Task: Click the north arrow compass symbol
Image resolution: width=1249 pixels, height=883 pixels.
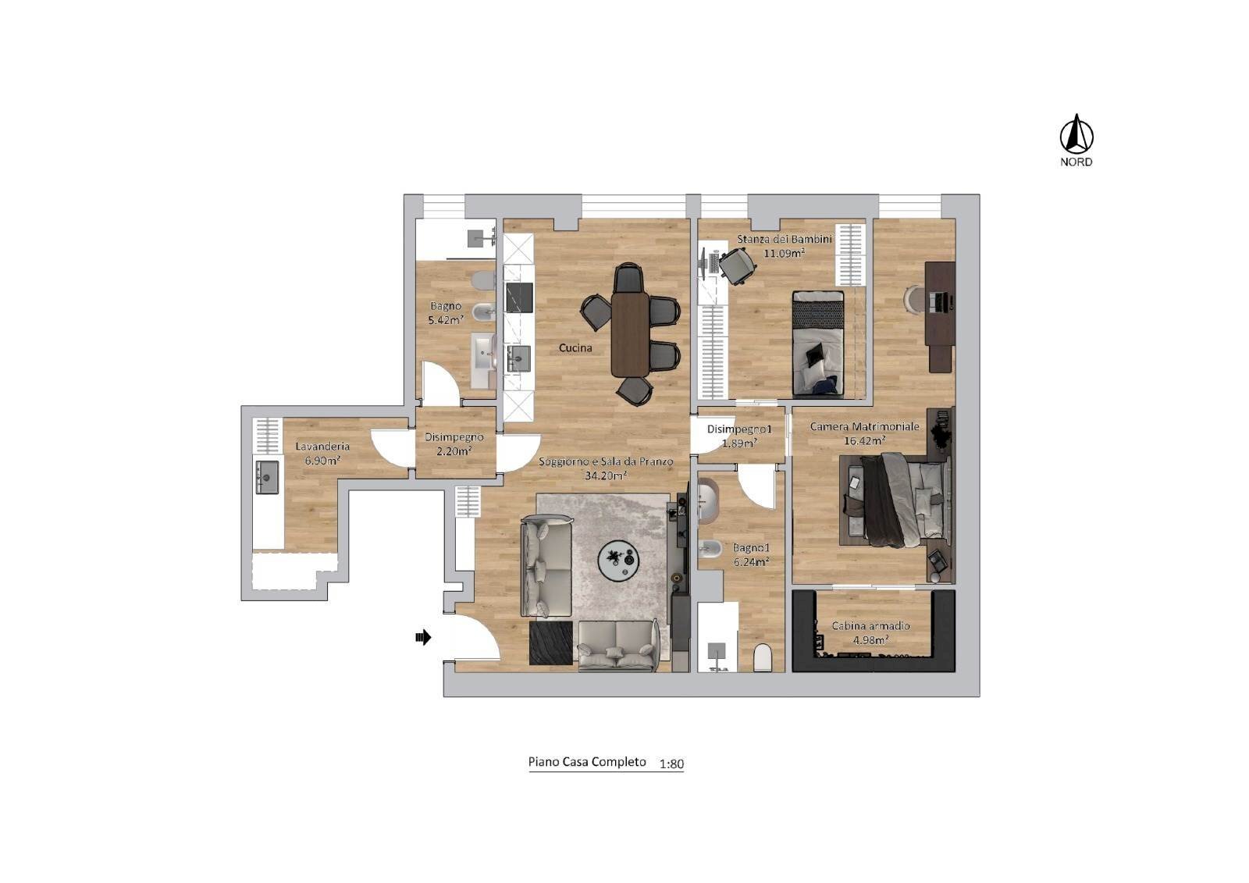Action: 1076,134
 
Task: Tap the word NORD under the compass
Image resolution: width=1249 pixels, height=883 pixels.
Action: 1076,162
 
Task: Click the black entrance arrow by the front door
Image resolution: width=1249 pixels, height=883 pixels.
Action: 423,638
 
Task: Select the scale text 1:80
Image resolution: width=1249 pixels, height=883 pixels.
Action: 671,764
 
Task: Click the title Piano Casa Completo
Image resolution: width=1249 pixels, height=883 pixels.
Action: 587,762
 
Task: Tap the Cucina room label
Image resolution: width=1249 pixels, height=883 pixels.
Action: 575,348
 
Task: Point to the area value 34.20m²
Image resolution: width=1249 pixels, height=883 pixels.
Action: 607,475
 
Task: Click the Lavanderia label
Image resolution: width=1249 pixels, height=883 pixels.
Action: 322,447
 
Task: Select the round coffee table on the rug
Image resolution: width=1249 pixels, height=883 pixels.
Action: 618,558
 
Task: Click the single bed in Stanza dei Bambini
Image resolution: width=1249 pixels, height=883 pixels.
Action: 818,344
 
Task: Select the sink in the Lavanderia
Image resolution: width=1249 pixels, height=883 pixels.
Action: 268,476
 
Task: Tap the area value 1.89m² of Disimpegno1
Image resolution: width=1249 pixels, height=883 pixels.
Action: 738,443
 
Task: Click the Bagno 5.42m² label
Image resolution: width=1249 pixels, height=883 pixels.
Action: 446,312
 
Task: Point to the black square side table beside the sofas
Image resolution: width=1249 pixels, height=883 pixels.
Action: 551,643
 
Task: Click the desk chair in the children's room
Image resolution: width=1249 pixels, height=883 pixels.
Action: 737,265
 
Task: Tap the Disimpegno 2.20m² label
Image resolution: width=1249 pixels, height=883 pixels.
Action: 454,443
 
